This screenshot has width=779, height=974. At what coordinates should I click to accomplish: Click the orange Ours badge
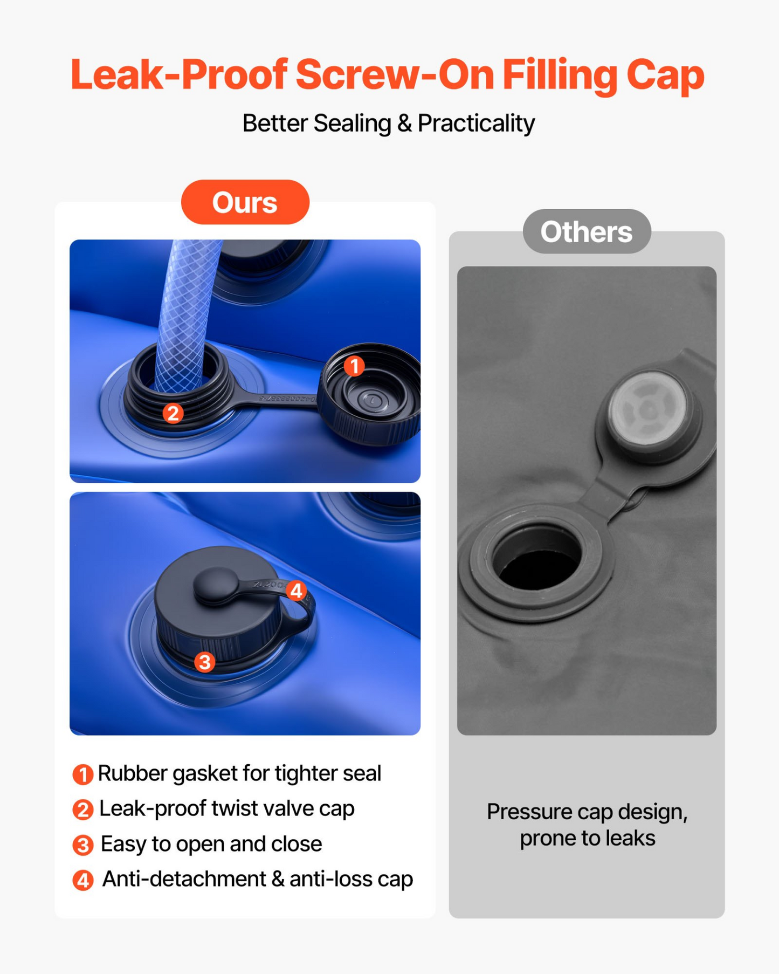point(245,202)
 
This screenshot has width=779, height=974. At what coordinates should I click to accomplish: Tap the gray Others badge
point(587,231)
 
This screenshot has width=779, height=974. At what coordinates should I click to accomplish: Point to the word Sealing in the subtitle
point(352,124)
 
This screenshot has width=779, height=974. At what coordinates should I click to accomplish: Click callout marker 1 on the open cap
point(354,366)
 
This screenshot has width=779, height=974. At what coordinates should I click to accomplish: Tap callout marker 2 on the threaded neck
point(173,414)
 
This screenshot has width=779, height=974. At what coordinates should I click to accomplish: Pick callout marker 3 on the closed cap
point(205,662)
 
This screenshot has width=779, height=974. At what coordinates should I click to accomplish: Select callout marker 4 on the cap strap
point(297,591)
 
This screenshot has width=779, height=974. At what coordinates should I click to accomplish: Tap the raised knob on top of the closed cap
point(214,585)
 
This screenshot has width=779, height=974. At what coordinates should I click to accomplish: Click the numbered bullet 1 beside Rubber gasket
point(83,774)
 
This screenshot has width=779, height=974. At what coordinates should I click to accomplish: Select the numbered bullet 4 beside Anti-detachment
point(83,880)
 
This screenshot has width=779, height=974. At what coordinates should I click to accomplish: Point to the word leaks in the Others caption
point(630,838)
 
